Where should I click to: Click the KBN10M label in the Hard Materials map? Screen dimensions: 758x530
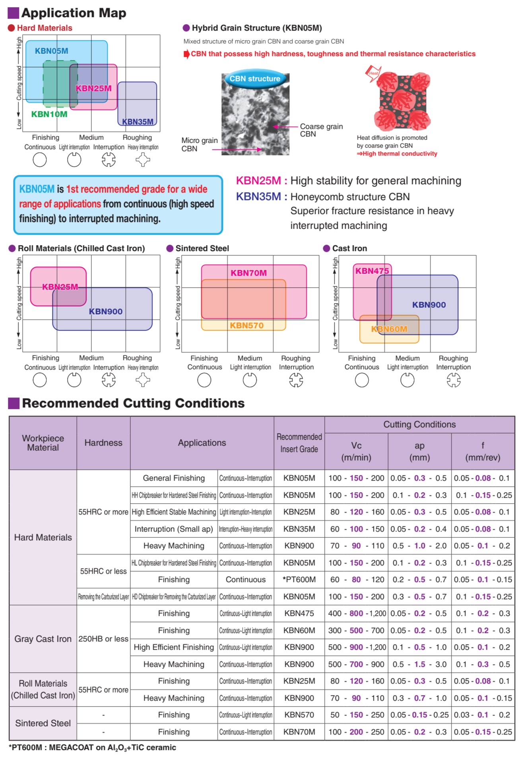pos(49,114)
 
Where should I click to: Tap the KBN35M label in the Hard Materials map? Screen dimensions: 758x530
pos(138,122)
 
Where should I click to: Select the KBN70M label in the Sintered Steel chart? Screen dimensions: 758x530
pos(248,273)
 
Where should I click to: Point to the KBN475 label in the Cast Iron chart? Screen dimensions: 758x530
pos(372,271)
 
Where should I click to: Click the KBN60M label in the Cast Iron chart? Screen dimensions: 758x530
pos(389,329)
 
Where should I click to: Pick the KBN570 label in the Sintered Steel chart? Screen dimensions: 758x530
pos(247,325)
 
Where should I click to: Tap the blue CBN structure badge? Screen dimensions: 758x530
pos(255,79)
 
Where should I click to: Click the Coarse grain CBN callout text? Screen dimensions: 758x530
pos(321,130)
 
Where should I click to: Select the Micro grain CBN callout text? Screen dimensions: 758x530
pos(199,144)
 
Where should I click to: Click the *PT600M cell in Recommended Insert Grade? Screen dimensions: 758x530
pos(299,580)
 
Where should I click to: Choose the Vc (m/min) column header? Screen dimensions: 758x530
pos(356,451)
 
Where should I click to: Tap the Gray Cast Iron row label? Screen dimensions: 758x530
pos(43,639)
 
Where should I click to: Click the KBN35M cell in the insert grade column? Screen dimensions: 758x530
pos(299,529)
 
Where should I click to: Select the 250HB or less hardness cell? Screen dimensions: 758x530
pos(103,639)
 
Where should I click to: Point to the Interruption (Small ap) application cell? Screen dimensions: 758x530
pos(174,529)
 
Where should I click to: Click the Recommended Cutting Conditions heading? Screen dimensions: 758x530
pos(133,403)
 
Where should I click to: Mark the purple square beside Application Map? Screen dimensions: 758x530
pos(14,13)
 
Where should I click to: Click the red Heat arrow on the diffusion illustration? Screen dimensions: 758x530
pos(373,74)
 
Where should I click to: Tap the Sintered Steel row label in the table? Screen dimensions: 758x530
pos(43,723)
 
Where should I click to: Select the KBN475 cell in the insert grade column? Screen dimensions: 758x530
pos(299,614)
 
